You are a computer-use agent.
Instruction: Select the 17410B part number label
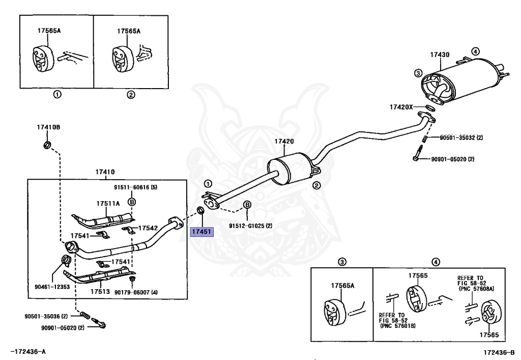(x=48, y=127)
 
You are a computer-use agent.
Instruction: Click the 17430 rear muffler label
(x=440, y=54)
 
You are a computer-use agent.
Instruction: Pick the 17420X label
(x=401, y=107)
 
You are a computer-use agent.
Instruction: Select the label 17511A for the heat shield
(x=108, y=203)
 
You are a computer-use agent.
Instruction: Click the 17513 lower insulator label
(x=100, y=292)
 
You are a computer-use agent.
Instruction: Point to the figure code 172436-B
(x=499, y=352)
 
